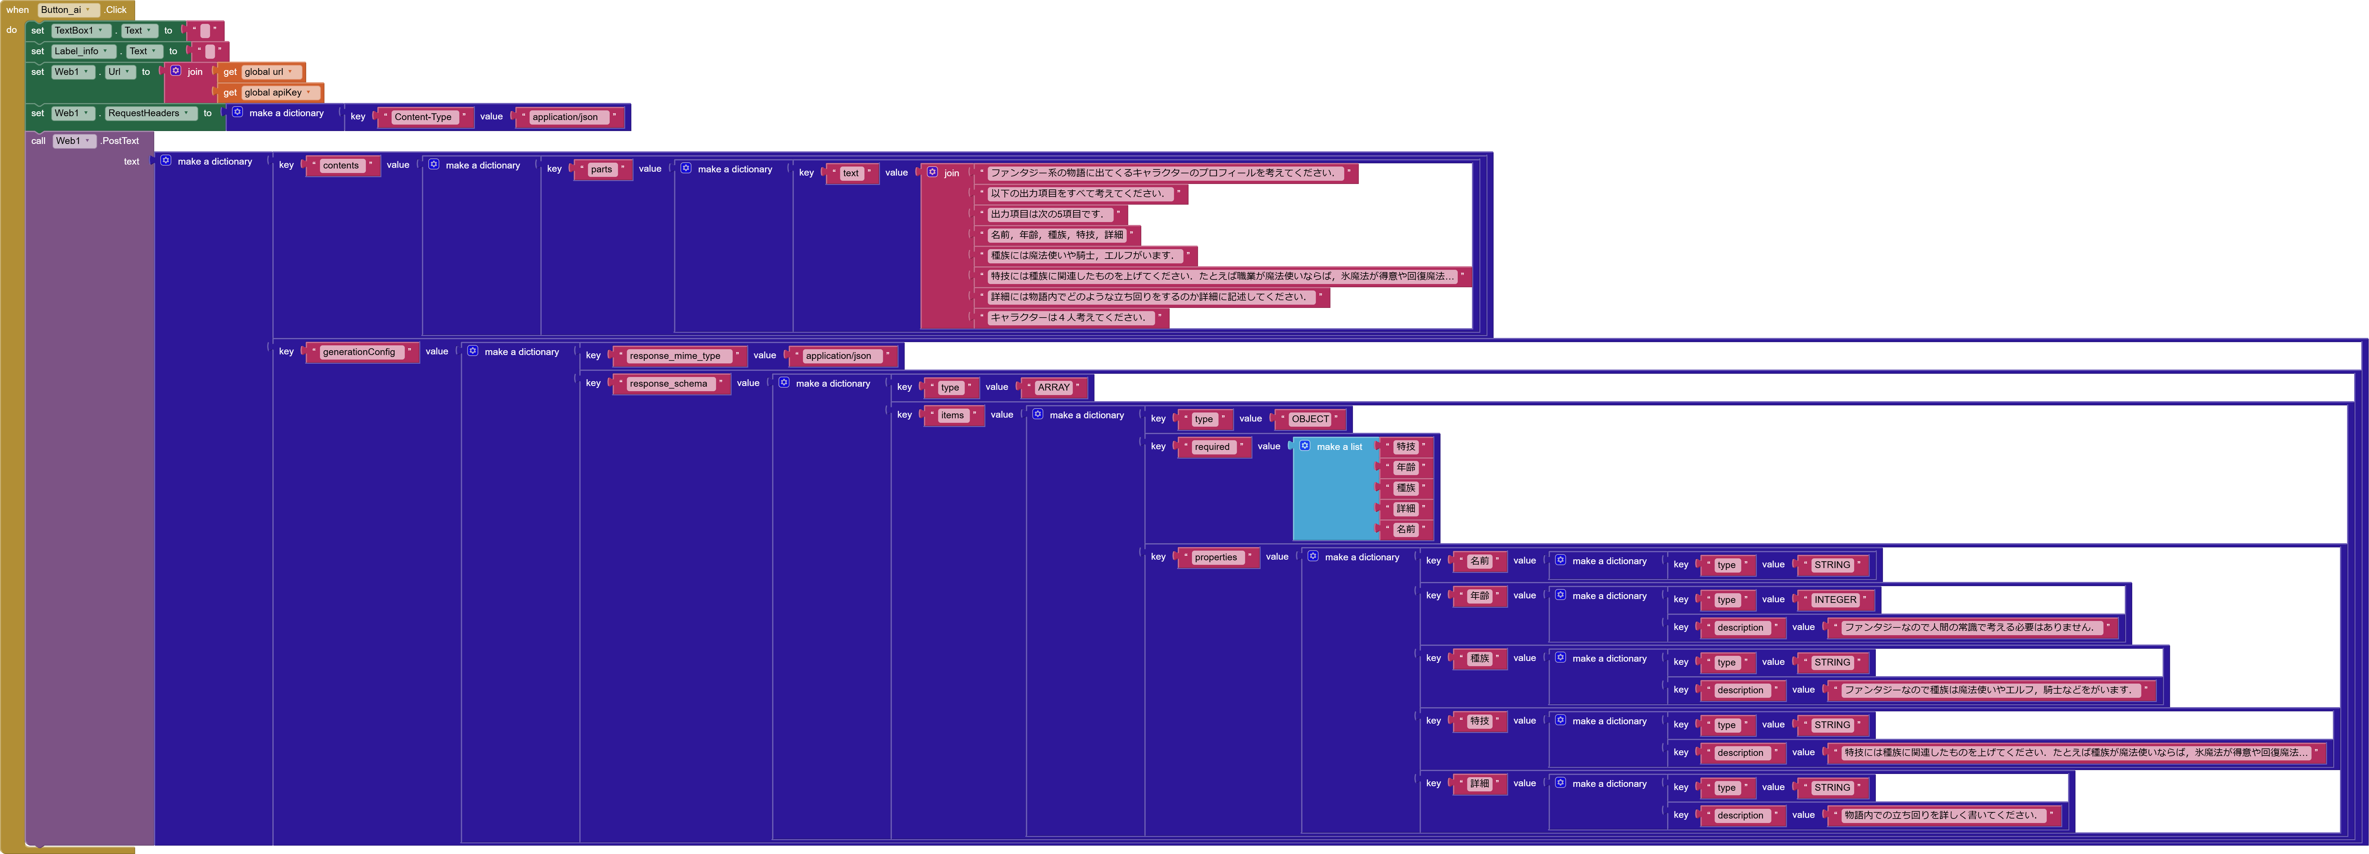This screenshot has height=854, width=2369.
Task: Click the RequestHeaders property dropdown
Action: click(149, 113)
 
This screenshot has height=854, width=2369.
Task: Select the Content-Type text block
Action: click(423, 117)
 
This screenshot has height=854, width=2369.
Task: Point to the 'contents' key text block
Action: click(340, 166)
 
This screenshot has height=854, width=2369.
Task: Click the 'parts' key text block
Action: click(602, 169)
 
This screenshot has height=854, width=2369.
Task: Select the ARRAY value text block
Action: click(1053, 387)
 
